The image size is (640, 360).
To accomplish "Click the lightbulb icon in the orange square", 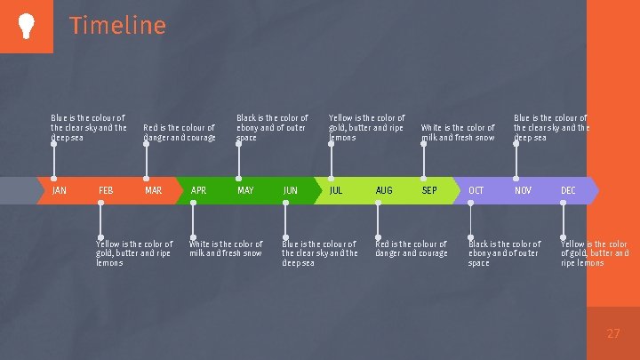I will (25, 26).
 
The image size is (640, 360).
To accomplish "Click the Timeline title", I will (117, 26).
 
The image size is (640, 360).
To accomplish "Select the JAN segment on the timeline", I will (59, 190).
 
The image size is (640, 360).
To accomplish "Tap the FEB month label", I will (106, 190).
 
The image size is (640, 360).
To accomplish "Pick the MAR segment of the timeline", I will (153, 190).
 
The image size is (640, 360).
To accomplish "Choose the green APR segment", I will (199, 190).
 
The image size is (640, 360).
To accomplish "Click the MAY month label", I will (245, 190).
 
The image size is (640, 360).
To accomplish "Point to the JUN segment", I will (291, 190).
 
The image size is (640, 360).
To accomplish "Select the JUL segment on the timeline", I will (336, 190).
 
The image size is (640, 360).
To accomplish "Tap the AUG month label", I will (383, 190).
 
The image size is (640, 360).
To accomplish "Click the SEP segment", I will (429, 190).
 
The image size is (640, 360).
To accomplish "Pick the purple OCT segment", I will (476, 190).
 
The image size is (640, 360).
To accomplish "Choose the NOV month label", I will (523, 190).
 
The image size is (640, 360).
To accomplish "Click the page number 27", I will (612, 333).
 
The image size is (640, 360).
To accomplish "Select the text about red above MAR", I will (179, 132).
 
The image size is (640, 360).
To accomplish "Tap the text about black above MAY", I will (271, 127).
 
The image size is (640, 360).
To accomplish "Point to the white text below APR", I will (226, 248).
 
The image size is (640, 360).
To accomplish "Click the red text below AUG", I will (411, 248).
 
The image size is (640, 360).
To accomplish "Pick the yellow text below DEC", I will (594, 253).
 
